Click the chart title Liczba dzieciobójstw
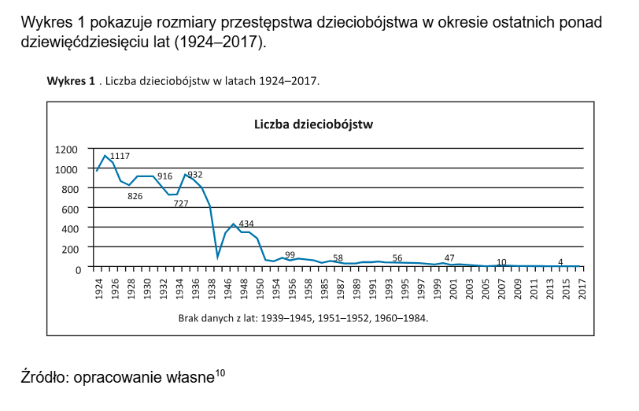coord(312,124)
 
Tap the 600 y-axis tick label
coord(69,209)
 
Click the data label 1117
coord(120,156)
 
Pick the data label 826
coord(135,196)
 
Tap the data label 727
coord(180,203)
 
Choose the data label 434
coord(246,224)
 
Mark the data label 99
coord(290,254)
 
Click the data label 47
coord(449,257)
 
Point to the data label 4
coord(560,261)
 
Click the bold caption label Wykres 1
coord(71,81)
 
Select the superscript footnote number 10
coord(220,373)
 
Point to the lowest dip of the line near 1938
coord(217,257)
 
